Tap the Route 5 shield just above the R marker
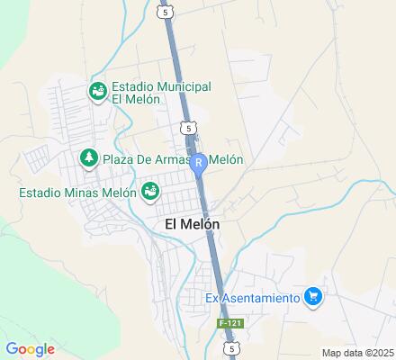(187, 128)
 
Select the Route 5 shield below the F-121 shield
(232, 346)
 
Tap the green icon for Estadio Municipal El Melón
(96, 91)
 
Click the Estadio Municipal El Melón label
(161, 94)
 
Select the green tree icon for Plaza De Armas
(88, 159)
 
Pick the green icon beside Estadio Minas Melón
(150, 191)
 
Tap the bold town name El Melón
(193, 223)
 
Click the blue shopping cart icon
(313, 295)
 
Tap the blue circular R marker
(199, 163)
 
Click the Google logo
(30, 349)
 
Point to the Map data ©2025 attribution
(358, 353)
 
